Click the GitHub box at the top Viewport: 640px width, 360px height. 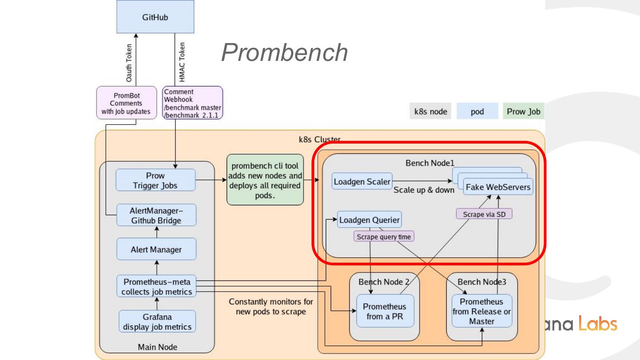point(155,17)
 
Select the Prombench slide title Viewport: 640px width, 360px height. point(284,52)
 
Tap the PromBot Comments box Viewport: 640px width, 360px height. point(127,103)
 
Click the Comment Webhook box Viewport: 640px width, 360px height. point(192,103)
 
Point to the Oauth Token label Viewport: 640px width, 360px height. point(129,62)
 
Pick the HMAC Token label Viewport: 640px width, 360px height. point(182,62)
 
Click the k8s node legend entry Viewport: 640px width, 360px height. point(430,111)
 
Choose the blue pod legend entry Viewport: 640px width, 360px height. point(477,111)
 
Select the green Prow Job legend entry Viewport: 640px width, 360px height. point(524,111)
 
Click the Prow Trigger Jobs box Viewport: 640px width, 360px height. point(155,180)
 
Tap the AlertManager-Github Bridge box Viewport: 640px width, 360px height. point(156,215)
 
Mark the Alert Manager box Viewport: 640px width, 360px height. point(156,249)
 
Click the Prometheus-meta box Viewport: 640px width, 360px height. point(156,287)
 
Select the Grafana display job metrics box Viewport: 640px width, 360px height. point(157,322)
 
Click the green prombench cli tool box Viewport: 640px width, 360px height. point(265,180)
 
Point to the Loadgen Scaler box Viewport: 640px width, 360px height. point(362,181)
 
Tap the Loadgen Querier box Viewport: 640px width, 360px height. point(369,220)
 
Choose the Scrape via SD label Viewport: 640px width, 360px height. point(484,214)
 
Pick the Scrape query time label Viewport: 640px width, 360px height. point(384,237)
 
